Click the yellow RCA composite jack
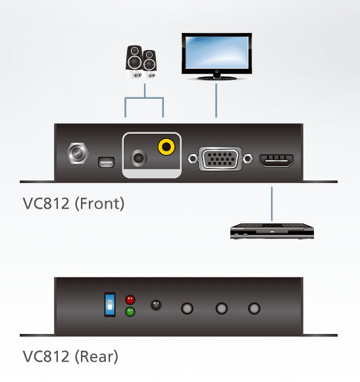[167, 147]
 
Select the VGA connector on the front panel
[220, 159]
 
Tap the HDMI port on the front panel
[276, 160]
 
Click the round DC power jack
[78, 153]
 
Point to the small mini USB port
[107, 162]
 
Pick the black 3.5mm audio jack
[138, 158]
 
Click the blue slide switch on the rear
[110, 304]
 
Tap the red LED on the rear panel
[130, 300]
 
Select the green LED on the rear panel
[130, 312]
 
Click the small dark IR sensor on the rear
[156, 305]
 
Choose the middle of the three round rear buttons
[222, 308]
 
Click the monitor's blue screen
[217, 53]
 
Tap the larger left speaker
[134, 62]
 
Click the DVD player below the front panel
[272, 231]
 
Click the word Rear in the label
[96, 357]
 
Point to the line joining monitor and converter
[216, 101]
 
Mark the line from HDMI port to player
[272, 204]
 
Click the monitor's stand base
[217, 78]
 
